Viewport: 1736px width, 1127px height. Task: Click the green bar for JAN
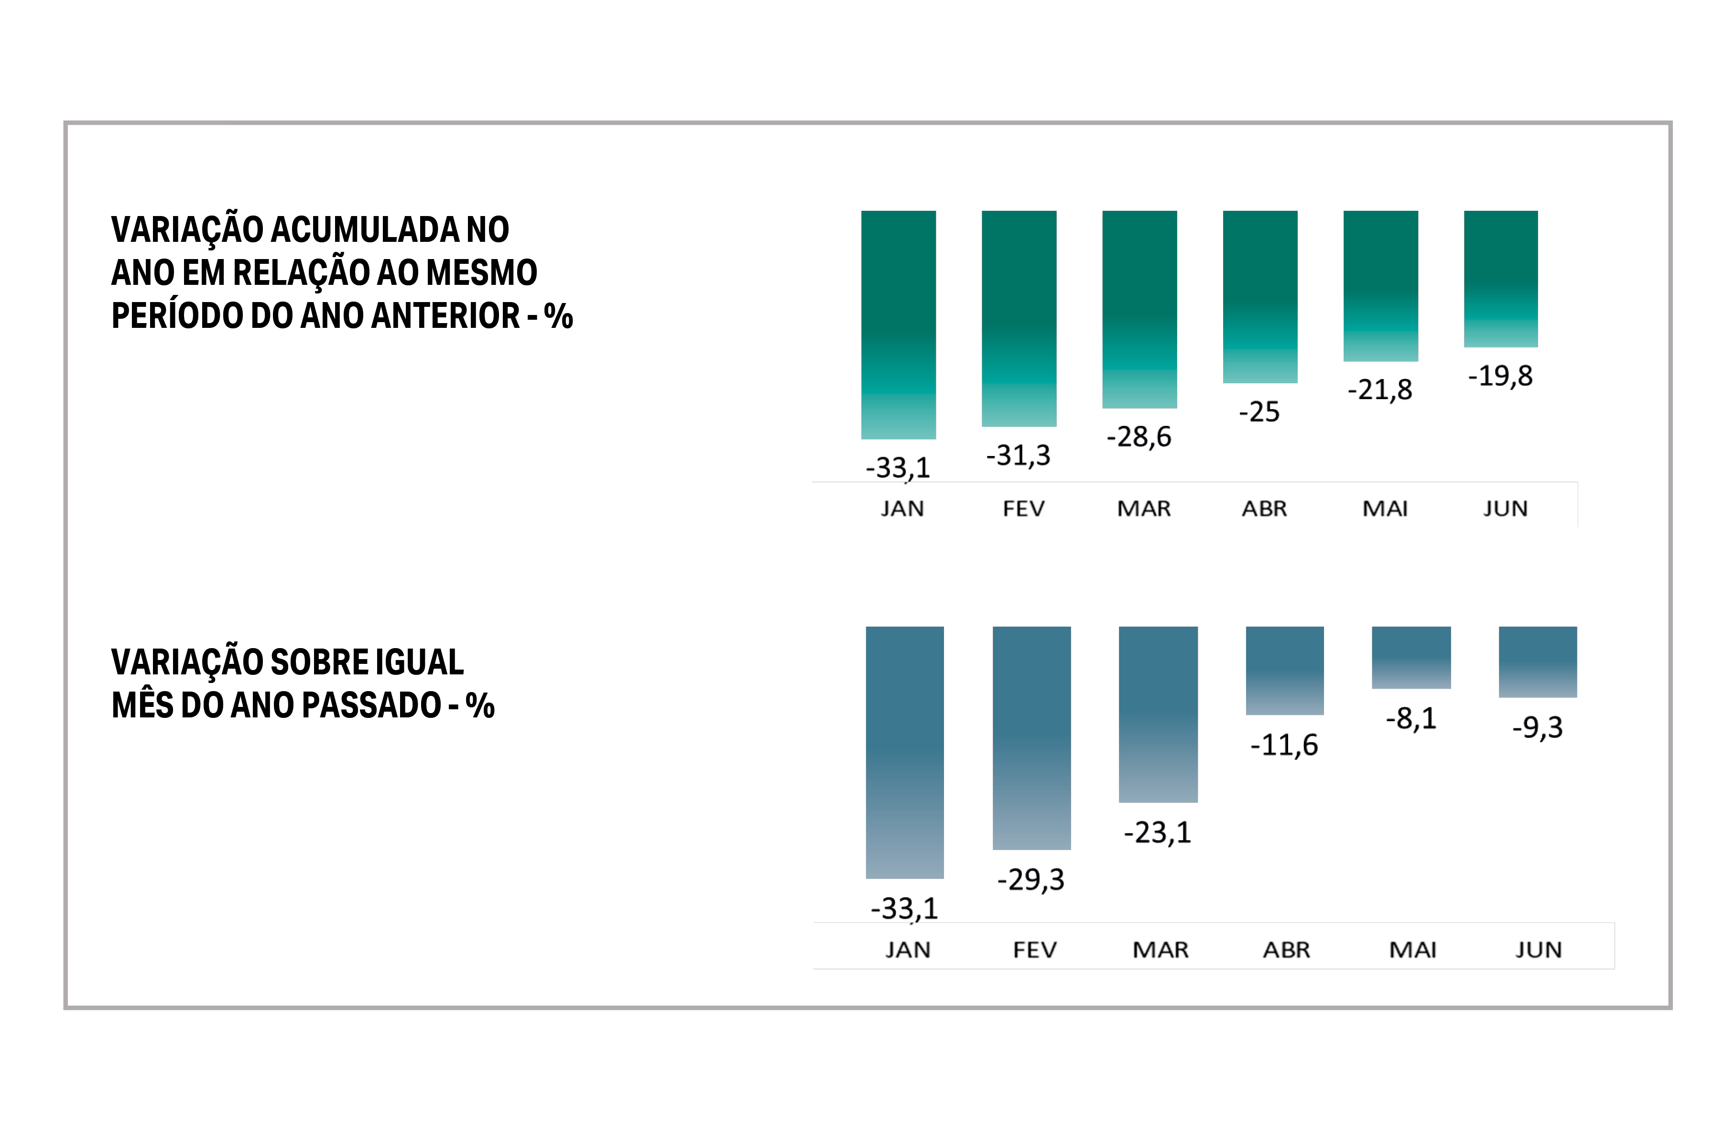[x=898, y=325]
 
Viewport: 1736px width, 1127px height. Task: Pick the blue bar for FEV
[x=1031, y=737]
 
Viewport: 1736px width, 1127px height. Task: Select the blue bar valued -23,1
[x=1158, y=714]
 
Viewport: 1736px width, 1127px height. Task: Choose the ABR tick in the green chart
[x=1264, y=509]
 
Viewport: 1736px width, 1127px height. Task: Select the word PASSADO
[x=371, y=705]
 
